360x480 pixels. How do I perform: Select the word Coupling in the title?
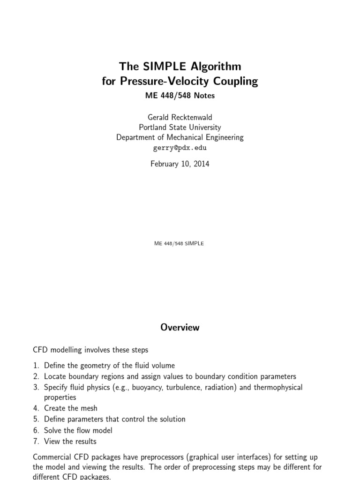pos(236,82)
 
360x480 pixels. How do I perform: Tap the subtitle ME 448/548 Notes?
pos(180,96)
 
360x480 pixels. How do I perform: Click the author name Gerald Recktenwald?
pos(180,117)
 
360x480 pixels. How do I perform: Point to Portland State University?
pos(180,127)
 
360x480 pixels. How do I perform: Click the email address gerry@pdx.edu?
pos(180,148)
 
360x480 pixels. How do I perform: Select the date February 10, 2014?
pos(180,164)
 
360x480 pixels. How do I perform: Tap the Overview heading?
pos(180,328)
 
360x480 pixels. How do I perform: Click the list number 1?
pos(36,365)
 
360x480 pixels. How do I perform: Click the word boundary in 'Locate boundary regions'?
pos(82,376)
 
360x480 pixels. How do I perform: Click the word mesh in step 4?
pos(89,408)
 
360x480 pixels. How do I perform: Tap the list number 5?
pos(36,419)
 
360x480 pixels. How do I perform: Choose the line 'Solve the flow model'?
pos(78,430)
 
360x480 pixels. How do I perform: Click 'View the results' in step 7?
pos(70,441)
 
